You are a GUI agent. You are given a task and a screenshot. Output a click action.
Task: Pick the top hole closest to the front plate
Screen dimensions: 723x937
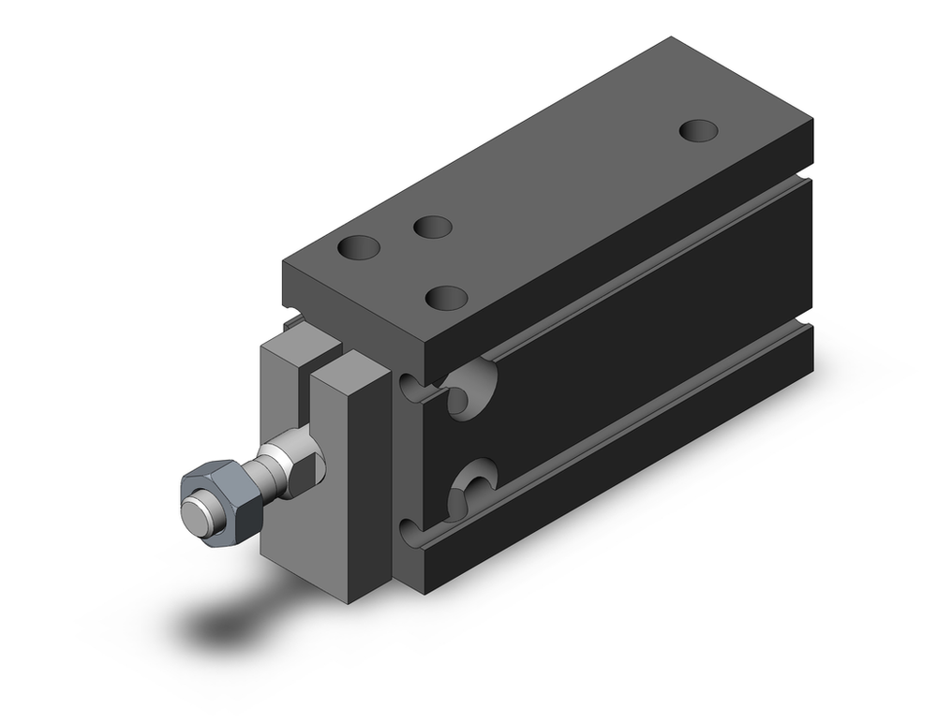[360, 248]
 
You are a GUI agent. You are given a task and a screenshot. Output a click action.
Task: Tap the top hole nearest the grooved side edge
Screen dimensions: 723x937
[446, 298]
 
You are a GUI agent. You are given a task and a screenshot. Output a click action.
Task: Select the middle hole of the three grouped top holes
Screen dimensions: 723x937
[433, 227]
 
